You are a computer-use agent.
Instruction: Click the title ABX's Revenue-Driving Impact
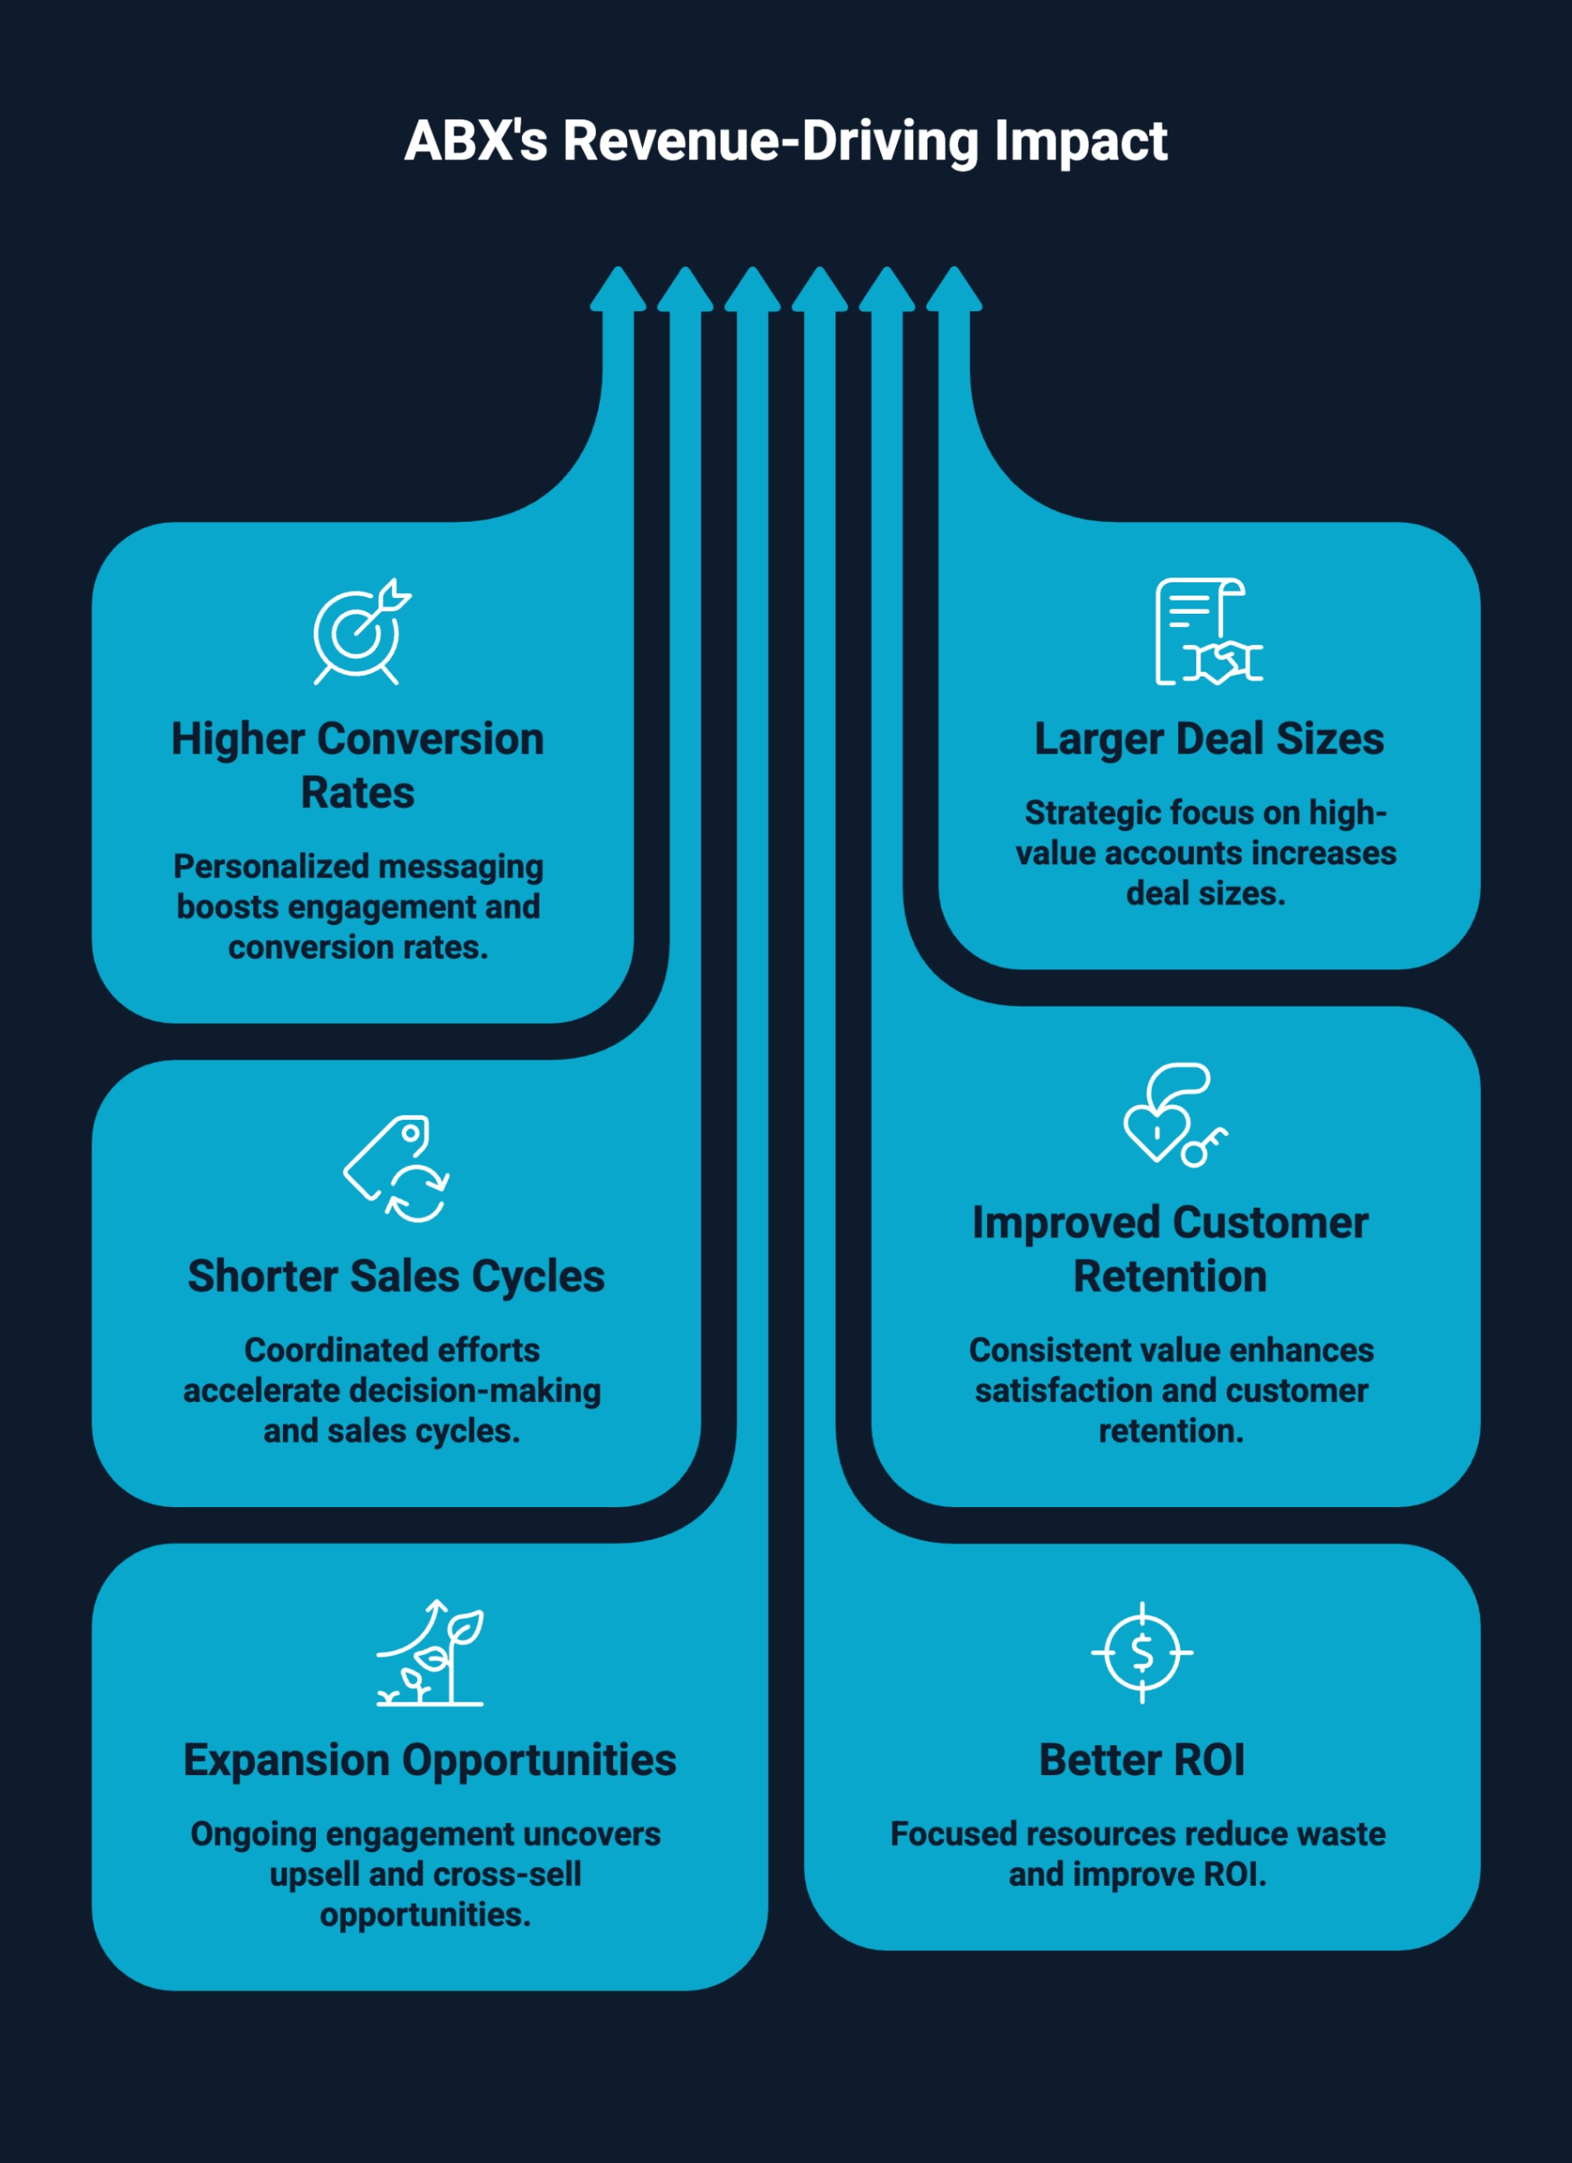tap(785, 141)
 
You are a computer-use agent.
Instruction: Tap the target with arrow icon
tap(361, 631)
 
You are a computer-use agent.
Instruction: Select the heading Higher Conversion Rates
tap(357, 765)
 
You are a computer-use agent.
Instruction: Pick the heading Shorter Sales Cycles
tap(395, 1276)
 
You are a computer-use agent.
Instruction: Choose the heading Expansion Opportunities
tap(429, 1759)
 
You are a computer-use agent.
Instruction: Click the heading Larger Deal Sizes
tap(1209, 739)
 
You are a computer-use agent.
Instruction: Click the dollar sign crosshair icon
tap(1142, 1652)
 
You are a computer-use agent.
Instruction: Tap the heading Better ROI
tap(1142, 1759)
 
